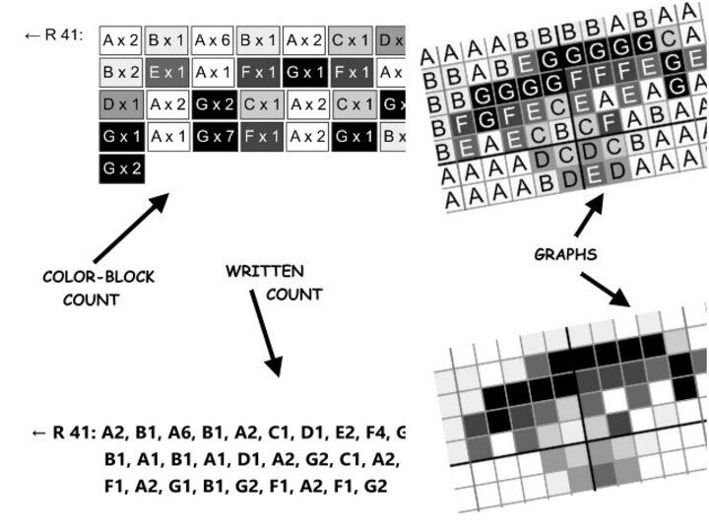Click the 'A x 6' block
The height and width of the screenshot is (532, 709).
[213, 40]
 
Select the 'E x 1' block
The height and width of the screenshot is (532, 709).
[166, 72]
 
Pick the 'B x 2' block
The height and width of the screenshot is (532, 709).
[120, 72]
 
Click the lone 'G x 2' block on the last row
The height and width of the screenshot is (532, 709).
[121, 167]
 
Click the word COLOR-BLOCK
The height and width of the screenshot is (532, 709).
[98, 277]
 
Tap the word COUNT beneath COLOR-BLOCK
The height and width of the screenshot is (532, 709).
[91, 299]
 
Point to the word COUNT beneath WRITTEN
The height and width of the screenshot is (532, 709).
[293, 294]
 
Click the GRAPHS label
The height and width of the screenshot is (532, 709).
[565, 254]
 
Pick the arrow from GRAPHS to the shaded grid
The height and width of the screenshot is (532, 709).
[605, 289]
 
